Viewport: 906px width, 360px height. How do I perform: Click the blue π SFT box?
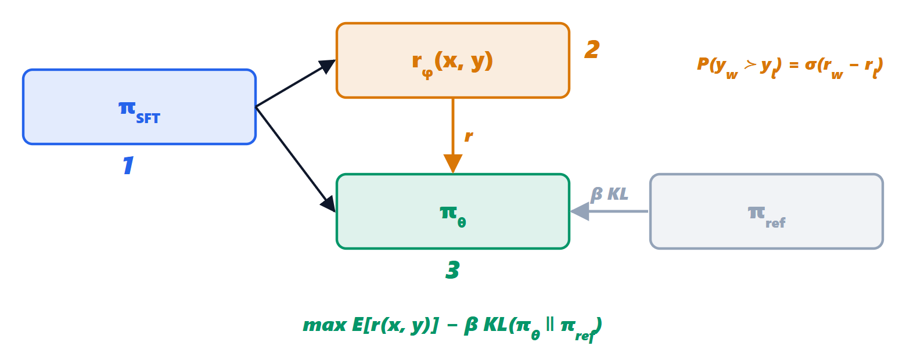[139, 107]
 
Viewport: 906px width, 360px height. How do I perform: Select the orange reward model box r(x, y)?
[452, 60]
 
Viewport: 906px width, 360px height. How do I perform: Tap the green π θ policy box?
[452, 211]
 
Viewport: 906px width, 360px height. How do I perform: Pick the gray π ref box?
[767, 211]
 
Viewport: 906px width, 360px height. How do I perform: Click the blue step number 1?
[128, 165]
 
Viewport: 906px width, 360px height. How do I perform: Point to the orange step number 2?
[592, 50]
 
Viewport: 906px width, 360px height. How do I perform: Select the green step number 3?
[452, 270]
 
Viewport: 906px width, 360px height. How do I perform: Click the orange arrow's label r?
[469, 136]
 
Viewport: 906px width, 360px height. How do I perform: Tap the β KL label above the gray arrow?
[609, 195]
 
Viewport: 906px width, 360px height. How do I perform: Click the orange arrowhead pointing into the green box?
[452, 163]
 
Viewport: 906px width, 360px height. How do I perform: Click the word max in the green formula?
[325, 325]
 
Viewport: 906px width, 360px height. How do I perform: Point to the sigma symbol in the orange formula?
[811, 64]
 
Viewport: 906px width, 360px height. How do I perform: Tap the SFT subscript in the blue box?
[148, 118]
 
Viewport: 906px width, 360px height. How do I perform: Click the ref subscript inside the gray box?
[775, 223]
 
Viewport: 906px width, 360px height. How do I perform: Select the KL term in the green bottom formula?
[495, 325]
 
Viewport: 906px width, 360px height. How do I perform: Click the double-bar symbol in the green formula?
[549, 325]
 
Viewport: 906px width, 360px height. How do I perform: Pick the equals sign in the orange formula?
[794, 64]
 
